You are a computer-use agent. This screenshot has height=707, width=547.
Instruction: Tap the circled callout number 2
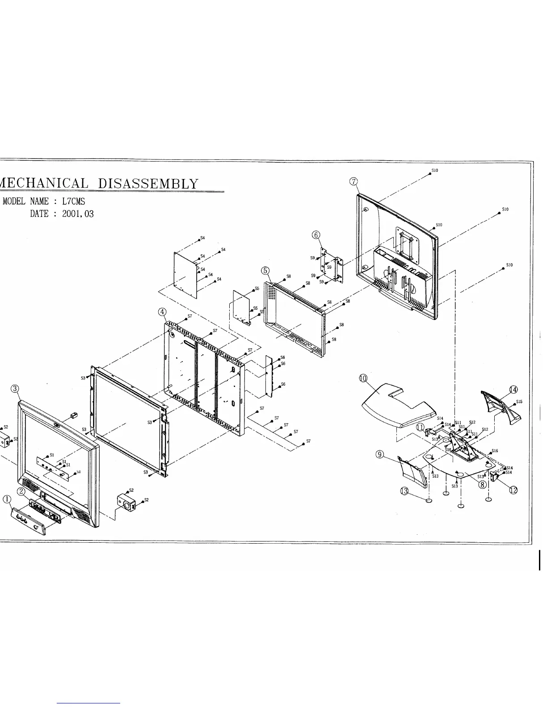21,491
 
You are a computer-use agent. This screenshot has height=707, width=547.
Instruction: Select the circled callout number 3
15,388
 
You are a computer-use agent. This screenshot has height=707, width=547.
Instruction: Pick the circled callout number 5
265,270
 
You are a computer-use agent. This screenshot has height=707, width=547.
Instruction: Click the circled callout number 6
316,235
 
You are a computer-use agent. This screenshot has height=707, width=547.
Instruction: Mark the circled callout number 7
353,181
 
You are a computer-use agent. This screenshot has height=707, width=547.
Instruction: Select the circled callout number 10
363,378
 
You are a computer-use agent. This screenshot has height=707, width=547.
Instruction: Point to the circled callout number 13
404,491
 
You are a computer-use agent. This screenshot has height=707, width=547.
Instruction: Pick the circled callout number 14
513,390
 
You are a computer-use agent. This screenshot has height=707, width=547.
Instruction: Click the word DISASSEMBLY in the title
147,183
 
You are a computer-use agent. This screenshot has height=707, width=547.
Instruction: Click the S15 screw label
519,402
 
